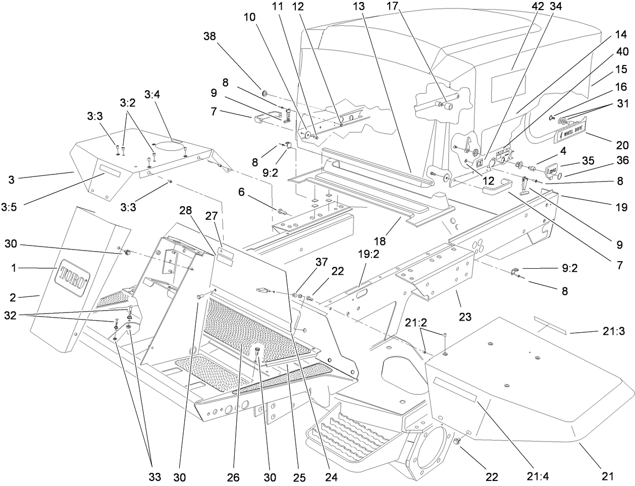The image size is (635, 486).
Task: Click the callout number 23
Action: click(465, 317)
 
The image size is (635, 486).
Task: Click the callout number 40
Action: click(615, 51)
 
